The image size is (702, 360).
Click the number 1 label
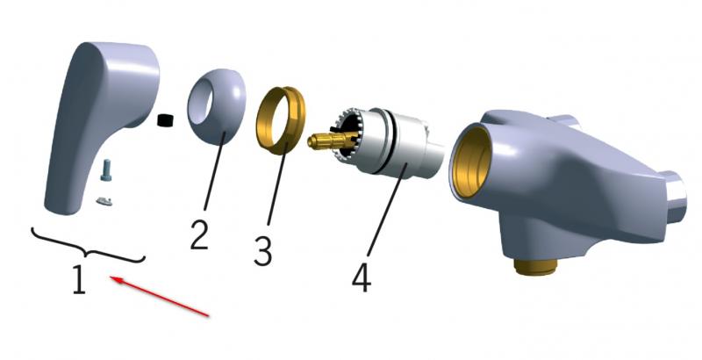(x=79, y=279)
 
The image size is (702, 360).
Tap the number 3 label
(x=262, y=251)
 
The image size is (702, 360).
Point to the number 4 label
(x=362, y=277)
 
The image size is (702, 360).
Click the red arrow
(x=160, y=297)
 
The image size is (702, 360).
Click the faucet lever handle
(x=102, y=126)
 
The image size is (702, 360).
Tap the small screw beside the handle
(x=105, y=170)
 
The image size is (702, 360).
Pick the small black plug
(x=165, y=120)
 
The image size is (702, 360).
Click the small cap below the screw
(x=104, y=201)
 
